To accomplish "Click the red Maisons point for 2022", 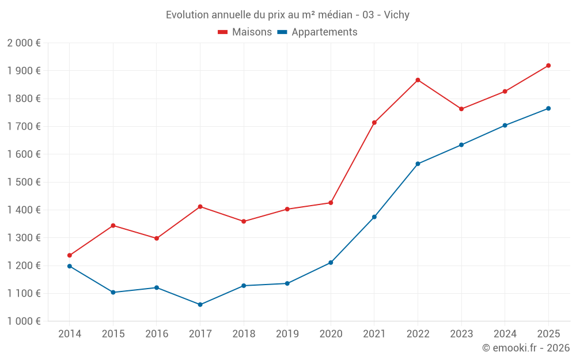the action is [x=418, y=80].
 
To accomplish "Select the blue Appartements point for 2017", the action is [x=200, y=305].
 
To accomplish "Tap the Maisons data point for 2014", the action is [x=70, y=255].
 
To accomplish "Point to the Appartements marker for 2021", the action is [x=374, y=217].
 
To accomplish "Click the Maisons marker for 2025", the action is [x=548, y=66].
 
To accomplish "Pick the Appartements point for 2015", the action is [x=113, y=293].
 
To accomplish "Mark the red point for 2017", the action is [x=200, y=207].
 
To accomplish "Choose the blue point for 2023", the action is [x=461, y=145].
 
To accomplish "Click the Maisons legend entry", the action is [x=245, y=32].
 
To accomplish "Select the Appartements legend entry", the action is [x=317, y=32].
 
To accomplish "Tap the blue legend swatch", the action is [x=282, y=32].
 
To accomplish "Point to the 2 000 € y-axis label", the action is [x=24, y=43].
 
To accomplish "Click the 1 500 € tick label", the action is [x=24, y=182].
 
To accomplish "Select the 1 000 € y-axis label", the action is [x=24, y=321].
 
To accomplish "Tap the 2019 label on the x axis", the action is [x=287, y=334].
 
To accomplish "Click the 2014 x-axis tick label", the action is [x=70, y=334].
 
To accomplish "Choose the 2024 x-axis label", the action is [x=505, y=334].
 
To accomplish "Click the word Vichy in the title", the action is [x=396, y=15].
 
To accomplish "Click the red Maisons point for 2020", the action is [x=331, y=203].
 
